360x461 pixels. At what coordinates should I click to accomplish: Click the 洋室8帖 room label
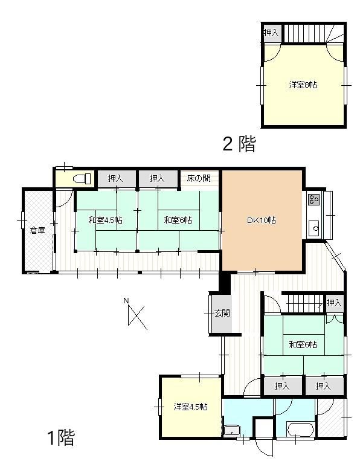click(302, 85)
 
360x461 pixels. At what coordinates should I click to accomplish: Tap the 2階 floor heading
click(239, 144)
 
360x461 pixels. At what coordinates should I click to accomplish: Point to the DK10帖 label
click(261, 221)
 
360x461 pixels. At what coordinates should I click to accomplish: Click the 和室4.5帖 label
click(105, 221)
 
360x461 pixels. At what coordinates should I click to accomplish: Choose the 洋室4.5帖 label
click(191, 407)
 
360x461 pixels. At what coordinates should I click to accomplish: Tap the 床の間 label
click(199, 178)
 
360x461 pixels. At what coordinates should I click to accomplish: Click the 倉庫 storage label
click(37, 230)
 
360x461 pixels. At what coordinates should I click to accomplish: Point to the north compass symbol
click(138, 315)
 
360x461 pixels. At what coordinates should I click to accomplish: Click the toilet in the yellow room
click(82, 178)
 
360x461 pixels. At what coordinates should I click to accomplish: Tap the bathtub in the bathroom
click(300, 431)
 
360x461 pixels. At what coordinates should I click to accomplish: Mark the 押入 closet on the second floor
click(271, 33)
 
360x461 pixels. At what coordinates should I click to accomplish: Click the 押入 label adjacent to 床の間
click(157, 178)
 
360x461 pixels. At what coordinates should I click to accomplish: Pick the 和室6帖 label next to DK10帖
click(178, 221)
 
